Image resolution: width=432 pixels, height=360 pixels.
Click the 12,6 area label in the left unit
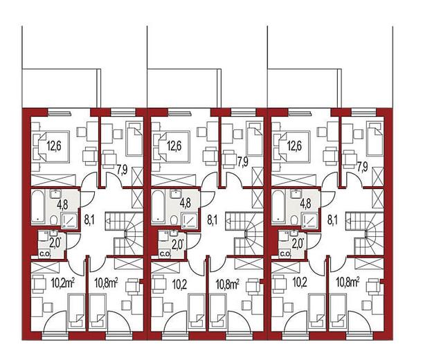tap(54, 146)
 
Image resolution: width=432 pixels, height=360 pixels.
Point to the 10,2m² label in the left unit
tap(64, 283)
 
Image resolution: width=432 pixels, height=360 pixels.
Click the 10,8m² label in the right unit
tap(348, 282)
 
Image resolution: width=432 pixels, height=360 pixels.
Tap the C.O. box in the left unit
tap(44, 254)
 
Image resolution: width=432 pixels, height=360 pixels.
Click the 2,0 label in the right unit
tap(297, 244)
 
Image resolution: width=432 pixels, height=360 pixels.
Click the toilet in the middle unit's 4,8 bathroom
tap(174, 220)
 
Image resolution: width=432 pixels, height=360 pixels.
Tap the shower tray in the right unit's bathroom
tap(310, 221)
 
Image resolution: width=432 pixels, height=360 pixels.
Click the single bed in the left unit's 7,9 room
tap(134, 138)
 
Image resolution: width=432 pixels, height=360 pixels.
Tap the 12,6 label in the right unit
tap(294, 146)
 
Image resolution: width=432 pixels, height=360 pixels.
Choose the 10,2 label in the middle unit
tap(179, 285)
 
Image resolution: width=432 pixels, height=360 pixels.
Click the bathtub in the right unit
tap(278, 206)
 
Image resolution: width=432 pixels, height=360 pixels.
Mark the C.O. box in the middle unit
tap(165, 254)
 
